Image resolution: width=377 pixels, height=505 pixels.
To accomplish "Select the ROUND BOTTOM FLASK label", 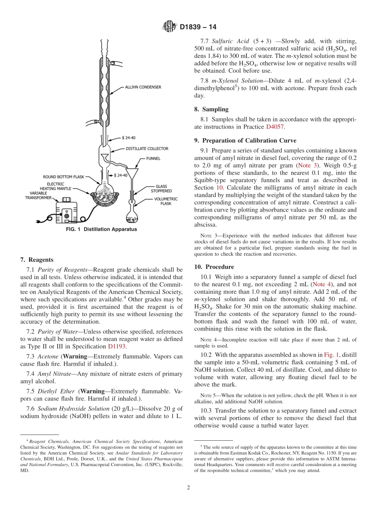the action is click(x=64, y=177).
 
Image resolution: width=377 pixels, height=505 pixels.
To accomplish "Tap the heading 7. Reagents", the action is click(x=37, y=260).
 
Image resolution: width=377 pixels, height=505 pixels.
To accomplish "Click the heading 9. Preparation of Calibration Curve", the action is click(x=245, y=141).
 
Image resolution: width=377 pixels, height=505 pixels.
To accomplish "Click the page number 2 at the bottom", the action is click(x=188, y=488).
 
